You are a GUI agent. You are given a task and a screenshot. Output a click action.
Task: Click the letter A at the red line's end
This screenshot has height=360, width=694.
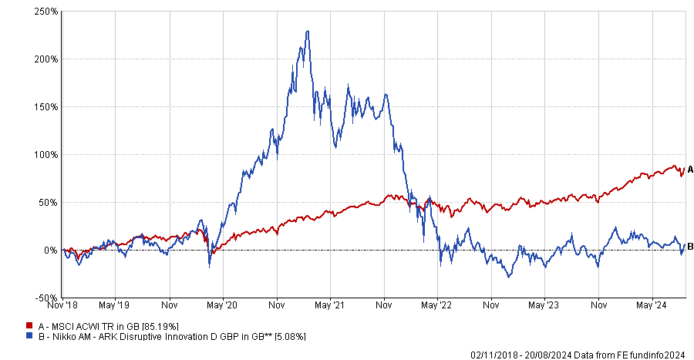(691, 170)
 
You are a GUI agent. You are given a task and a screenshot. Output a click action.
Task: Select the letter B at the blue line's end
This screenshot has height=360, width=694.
(691, 246)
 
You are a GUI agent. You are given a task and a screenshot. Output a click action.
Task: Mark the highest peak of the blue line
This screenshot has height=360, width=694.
(308, 32)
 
